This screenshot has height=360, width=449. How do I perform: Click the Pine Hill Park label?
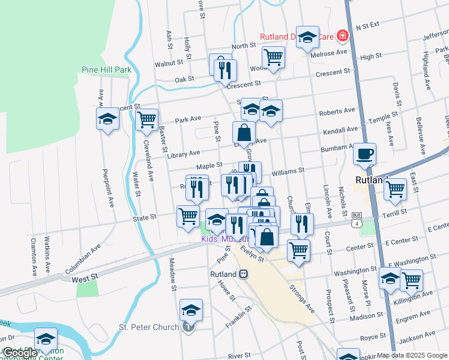[x=106, y=70]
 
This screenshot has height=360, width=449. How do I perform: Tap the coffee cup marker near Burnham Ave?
[x=364, y=154]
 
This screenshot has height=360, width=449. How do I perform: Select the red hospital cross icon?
[x=343, y=37]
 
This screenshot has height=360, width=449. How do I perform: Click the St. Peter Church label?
[x=149, y=327]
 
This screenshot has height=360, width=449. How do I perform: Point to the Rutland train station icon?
[x=243, y=274]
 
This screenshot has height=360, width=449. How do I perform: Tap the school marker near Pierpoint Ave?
[x=108, y=118]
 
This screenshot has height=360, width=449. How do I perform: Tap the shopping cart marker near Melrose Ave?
[x=273, y=57]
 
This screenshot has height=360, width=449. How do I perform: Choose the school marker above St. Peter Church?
[x=191, y=310]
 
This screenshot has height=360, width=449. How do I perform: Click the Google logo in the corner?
[x=20, y=353]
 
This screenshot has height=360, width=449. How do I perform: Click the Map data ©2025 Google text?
[x=412, y=355]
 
